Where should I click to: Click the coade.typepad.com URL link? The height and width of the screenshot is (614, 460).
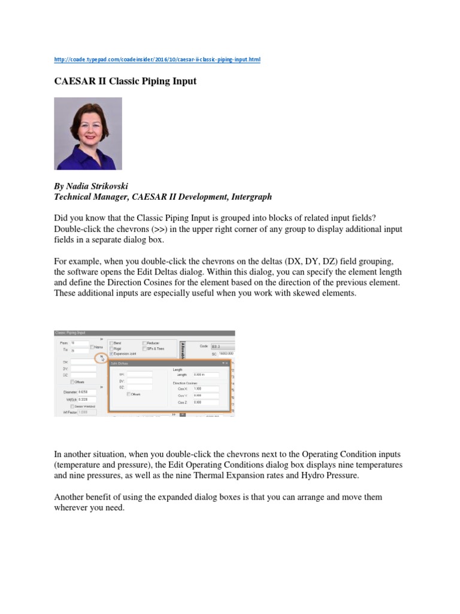(157, 60)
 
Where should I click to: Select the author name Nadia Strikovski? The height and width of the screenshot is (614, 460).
(97, 185)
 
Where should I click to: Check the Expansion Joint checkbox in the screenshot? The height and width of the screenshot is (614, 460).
(111, 354)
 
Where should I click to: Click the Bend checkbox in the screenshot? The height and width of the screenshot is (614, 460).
(111, 343)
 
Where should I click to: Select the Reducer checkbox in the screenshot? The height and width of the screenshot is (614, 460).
(144, 343)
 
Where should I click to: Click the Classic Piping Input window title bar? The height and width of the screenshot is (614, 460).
(144, 333)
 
